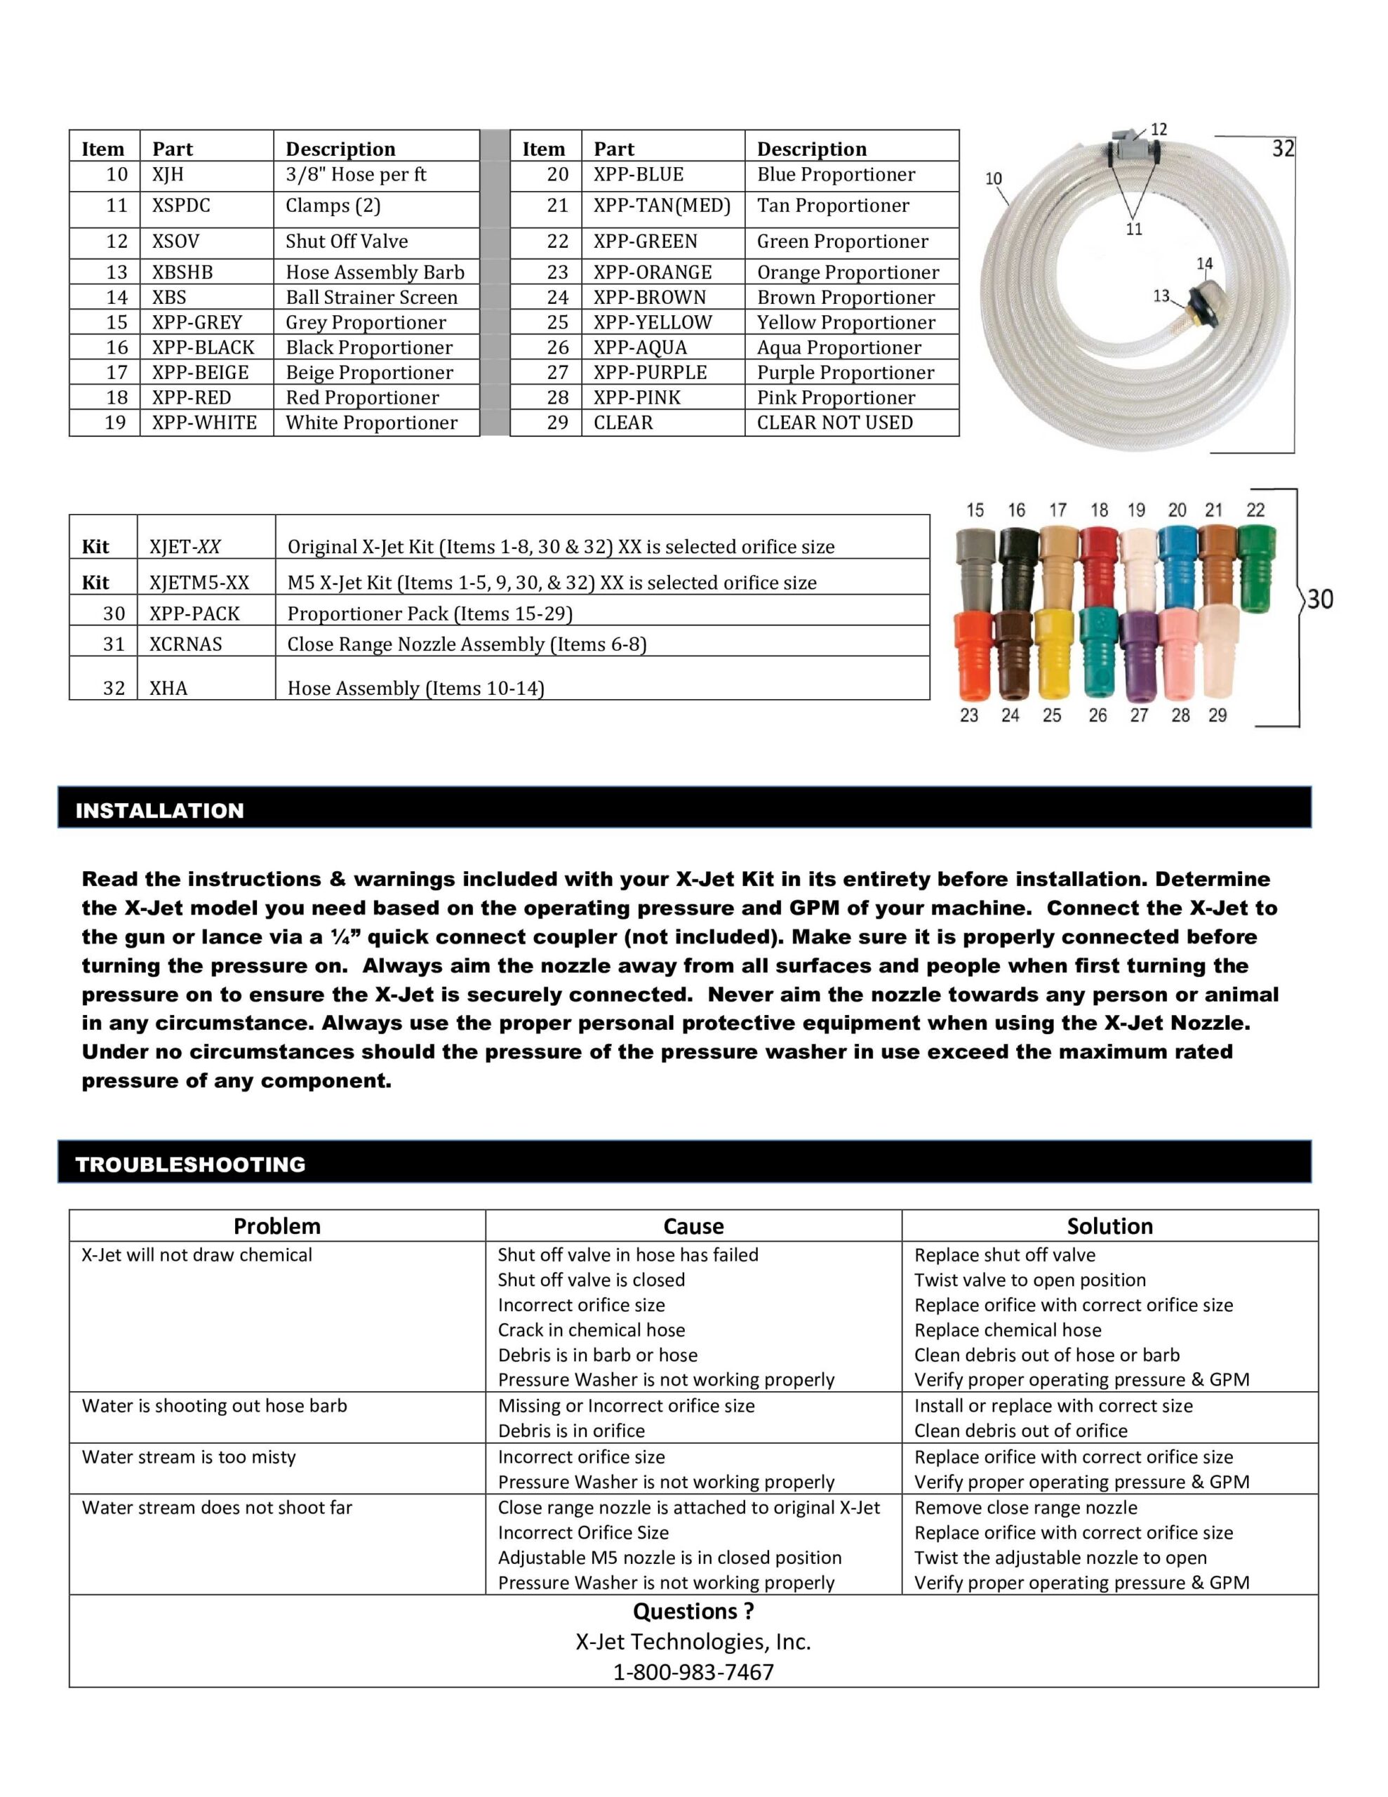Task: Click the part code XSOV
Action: pyautogui.click(x=175, y=241)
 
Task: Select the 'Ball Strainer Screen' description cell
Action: pyautogui.click(x=371, y=297)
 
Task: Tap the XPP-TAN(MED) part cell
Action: pyautogui.click(x=662, y=206)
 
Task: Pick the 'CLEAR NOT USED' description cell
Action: pyautogui.click(x=834, y=423)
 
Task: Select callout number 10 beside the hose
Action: pyautogui.click(x=993, y=178)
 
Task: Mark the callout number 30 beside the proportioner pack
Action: pyautogui.click(x=1320, y=599)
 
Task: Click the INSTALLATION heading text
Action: pyautogui.click(x=159, y=811)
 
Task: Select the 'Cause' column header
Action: pyautogui.click(x=693, y=1226)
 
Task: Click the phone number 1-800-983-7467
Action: pyautogui.click(x=693, y=1672)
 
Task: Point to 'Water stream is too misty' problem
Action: pyautogui.click(x=189, y=1457)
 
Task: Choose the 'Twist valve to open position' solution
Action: pyautogui.click(x=1029, y=1280)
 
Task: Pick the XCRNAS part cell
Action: pyautogui.click(x=185, y=644)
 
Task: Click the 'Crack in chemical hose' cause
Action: pyautogui.click(x=591, y=1330)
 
